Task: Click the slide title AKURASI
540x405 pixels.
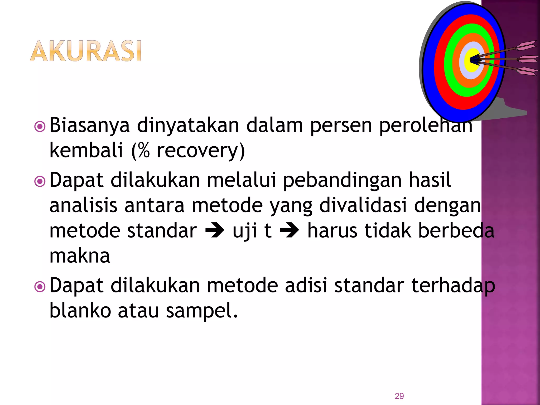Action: (x=86, y=51)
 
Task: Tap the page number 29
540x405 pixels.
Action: (x=399, y=396)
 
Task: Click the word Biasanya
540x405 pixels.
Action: (x=89, y=126)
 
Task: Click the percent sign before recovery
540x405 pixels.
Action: (x=143, y=151)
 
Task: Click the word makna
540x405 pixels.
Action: (x=80, y=256)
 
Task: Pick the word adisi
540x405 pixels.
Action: (x=306, y=286)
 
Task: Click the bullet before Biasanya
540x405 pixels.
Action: (x=40, y=127)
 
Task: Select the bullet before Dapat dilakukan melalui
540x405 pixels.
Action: (x=40, y=181)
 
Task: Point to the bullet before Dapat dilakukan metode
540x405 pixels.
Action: (x=40, y=287)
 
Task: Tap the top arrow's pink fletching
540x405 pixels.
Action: (x=526, y=46)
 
